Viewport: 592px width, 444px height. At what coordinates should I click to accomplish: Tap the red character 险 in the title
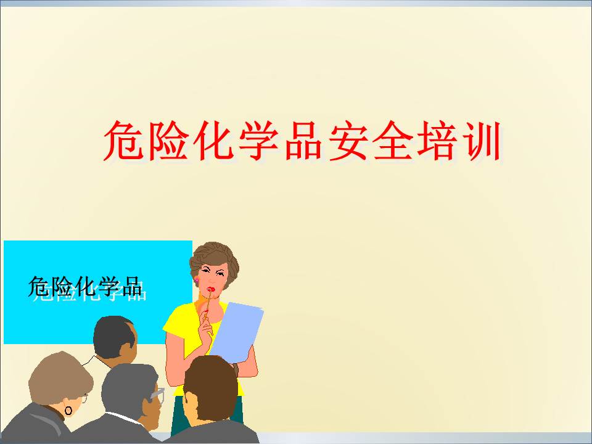(168, 141)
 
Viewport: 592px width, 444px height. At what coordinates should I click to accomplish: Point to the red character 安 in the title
(348, 141)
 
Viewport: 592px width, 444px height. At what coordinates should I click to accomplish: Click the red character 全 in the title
(392, 141)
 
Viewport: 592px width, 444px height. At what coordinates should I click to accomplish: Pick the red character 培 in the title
(437, 141)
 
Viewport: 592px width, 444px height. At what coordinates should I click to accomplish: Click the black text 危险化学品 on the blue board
(85, 287)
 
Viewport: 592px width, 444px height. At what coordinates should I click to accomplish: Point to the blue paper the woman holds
(236, 332)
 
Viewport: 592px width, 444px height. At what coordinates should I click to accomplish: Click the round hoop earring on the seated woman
(68, 411)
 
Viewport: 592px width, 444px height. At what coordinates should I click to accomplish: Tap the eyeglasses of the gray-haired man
(158, 394)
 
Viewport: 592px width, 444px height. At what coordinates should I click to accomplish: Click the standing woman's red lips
(211, 290)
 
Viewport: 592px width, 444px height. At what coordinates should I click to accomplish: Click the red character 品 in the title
(303, 141)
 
